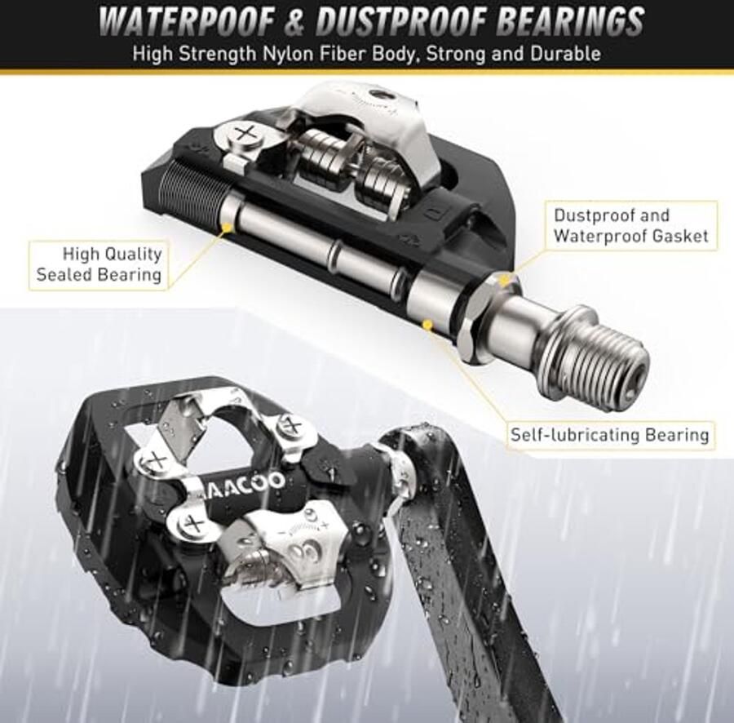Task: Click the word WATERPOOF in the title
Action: coord(188,21)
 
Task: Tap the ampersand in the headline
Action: coord(295,21)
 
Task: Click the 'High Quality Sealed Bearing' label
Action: coord(99,264)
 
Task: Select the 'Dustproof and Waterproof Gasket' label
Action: coord(630,225)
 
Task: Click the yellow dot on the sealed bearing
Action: coord(228,228)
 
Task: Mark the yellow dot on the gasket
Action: coord(504,281)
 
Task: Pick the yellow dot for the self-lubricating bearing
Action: coord(427,324)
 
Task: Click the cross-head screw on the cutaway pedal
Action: coord(243,135)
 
